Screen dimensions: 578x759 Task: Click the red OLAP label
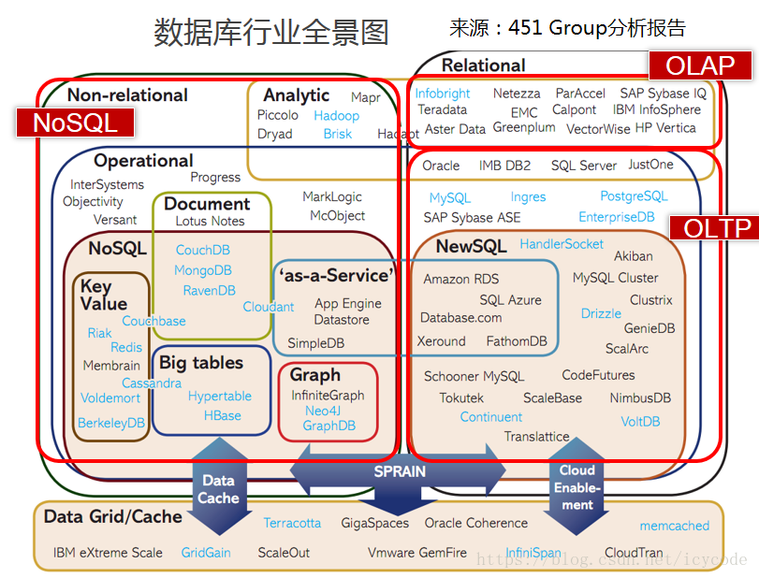[700, 65]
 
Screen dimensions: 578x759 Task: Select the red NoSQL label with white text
[73, 123]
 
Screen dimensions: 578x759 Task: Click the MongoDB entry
[203, 270]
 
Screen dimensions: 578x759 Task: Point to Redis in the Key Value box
[126, 347]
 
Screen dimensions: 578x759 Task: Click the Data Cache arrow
[218, 486]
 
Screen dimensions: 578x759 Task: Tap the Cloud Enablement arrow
[577, 486]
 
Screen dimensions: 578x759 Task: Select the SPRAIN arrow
[400, 472]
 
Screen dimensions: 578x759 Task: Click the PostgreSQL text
[634, 196]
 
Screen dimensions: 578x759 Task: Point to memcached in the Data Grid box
[674, 526]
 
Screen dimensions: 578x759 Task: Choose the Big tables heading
[201, 362]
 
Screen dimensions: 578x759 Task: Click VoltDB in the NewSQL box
[640, 421]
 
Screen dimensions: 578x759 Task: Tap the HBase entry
[223, 415]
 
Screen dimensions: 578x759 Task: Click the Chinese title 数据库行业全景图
[271, 33]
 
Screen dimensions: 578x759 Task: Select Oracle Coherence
[475, 523]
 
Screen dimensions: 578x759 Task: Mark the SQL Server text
[584, 166]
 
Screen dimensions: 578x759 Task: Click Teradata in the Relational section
[442, 109]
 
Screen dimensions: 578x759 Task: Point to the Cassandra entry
[152, 383]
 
